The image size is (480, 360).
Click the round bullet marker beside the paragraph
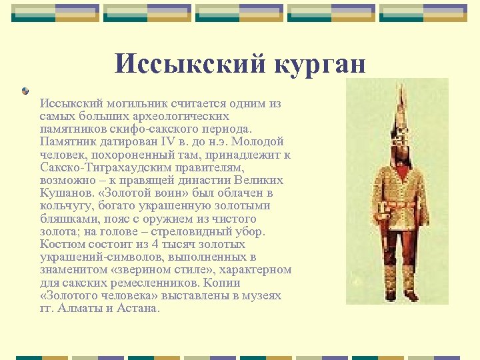click(x=25, y=91)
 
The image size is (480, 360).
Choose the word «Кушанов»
click(x=63, y=193)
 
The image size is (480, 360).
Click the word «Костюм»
click(x=60, y=244)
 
